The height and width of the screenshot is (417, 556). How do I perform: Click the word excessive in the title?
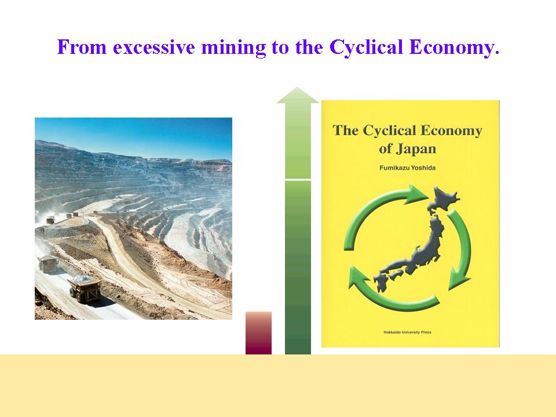[154, 47]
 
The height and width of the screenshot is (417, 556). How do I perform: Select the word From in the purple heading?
[82, 47]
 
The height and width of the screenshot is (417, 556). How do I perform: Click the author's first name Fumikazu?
[393, 168]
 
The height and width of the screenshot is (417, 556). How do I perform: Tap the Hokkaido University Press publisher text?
[407, 332]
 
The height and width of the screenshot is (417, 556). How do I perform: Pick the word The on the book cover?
[346, 130]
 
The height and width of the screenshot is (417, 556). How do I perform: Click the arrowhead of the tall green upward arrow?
[298, 95]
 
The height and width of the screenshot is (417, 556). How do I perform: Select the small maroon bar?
[258, 333]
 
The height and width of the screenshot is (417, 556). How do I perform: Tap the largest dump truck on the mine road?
[85, 288]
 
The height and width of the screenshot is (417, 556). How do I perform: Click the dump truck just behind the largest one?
[48, 264]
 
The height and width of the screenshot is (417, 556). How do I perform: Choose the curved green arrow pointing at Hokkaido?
[379, 206]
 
